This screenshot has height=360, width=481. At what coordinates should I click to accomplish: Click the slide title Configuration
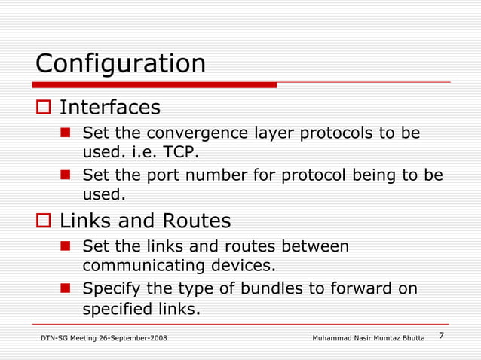tap(121, 63)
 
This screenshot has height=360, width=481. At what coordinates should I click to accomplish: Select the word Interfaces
tap(110, 108)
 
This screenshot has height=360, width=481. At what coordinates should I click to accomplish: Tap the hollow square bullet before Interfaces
tap(43, 108)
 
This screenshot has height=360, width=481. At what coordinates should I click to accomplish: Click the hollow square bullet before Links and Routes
tap(43, 221)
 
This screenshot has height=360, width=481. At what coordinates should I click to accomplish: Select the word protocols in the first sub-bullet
tap(336, 133)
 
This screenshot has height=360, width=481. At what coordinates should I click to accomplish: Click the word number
tap(217, 175)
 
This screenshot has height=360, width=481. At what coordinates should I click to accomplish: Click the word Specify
tap(109, 288)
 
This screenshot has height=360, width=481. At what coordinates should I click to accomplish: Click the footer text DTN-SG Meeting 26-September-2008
tap(104, 338)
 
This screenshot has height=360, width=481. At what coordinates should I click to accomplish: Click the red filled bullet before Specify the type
tap(66, 288)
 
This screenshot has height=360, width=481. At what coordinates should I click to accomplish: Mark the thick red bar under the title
tap(155, 85)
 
